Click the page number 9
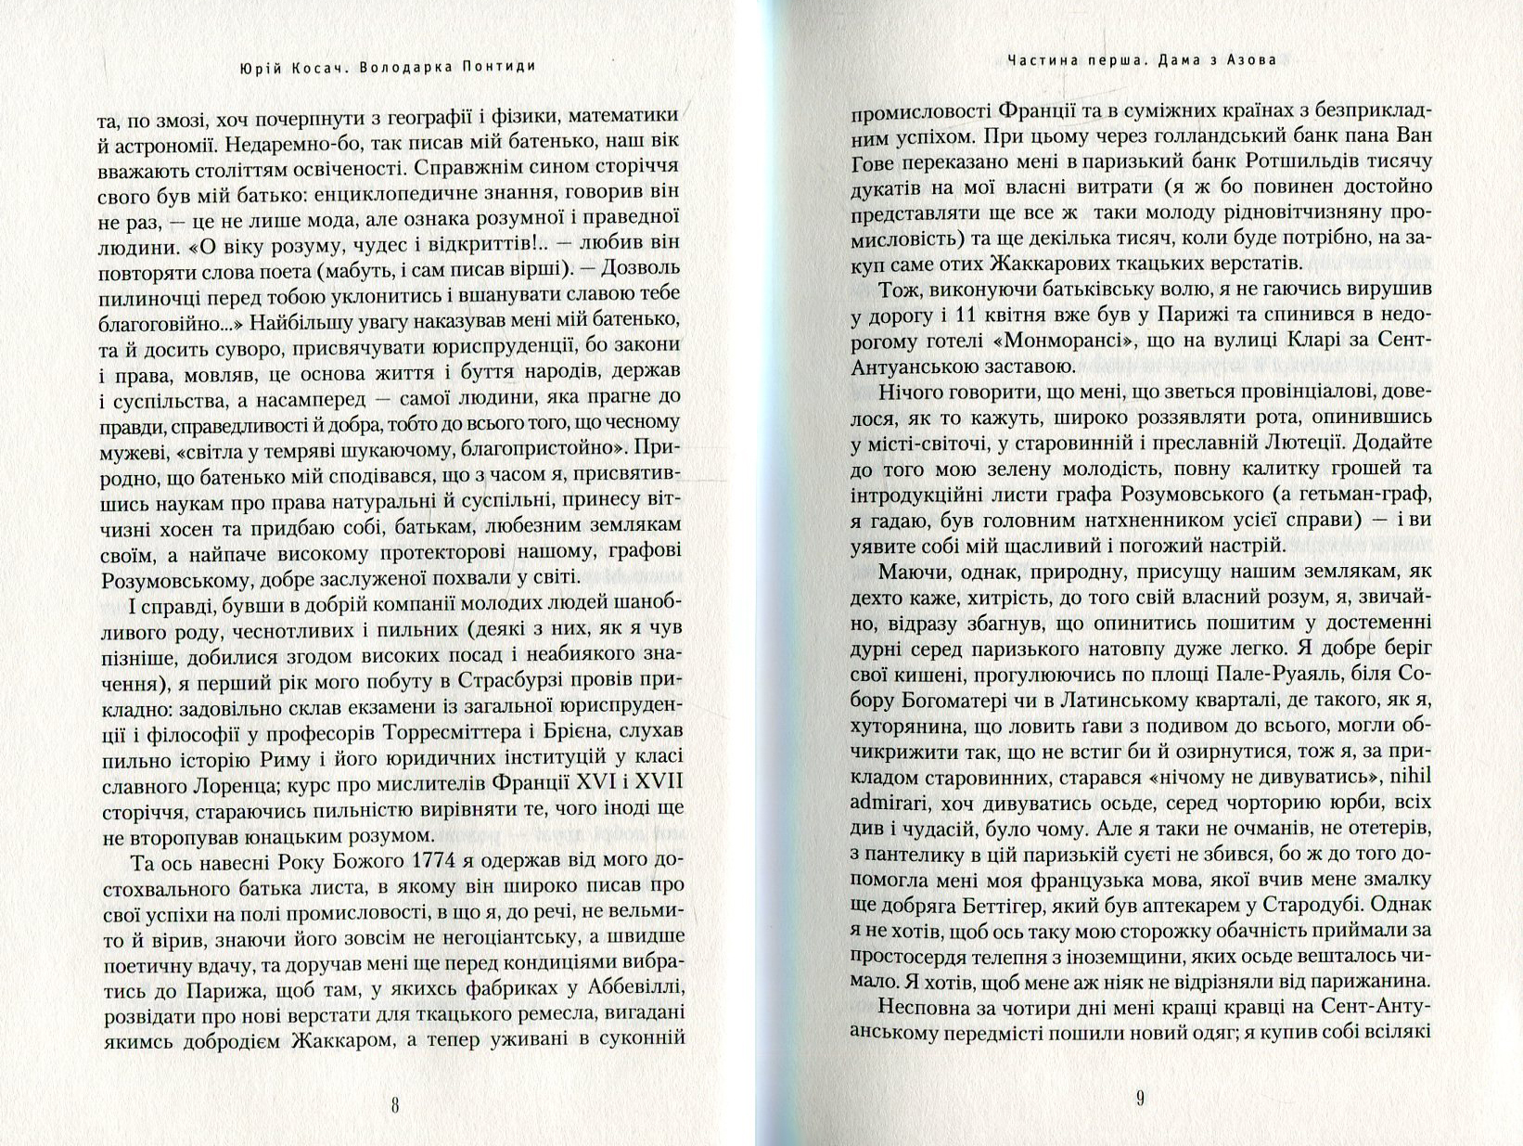(1140, 1099)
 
